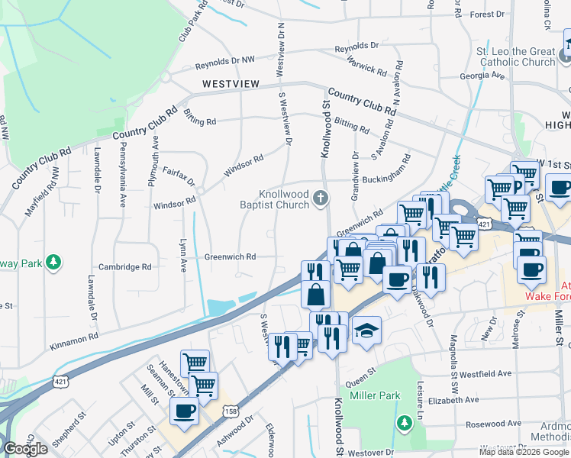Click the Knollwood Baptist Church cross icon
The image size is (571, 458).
[x=321, y=200]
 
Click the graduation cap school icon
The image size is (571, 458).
[x=366, y=331]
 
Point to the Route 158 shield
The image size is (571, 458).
[x=229, y=411]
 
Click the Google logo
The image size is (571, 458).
[x=25, y=449]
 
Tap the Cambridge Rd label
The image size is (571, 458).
[x=124, y=267]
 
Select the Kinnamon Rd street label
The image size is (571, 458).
[x=74, y=336]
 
